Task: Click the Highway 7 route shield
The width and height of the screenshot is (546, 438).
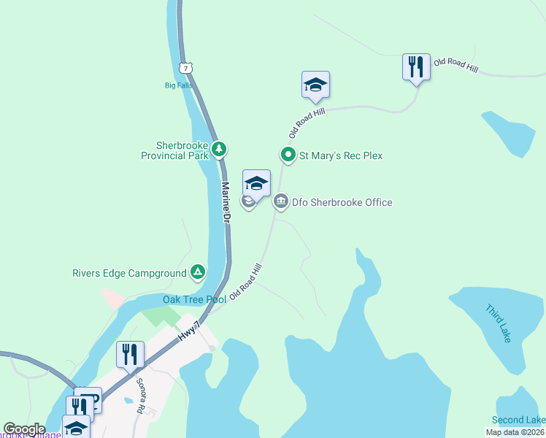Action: (x=188, y=68)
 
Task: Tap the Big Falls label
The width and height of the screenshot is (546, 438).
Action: (x=177, y=85)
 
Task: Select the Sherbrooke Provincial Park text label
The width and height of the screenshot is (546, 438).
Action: (x=174, y=150)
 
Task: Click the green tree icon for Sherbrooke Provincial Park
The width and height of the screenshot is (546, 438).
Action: (x=219, y=150)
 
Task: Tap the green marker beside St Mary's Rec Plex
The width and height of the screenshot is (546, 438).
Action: (x=288, y=155)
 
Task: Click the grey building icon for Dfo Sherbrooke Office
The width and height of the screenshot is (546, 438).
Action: (x=280, y=202)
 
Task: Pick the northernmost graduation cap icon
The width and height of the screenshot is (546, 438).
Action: (x=315, y=85)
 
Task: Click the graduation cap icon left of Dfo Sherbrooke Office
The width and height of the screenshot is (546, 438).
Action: (x=256, y=182)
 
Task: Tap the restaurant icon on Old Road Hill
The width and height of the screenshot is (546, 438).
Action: (x=415, y=67)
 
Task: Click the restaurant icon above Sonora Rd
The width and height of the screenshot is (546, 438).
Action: (x=130, y=355)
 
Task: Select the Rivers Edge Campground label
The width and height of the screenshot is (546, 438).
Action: (x=129, y=274)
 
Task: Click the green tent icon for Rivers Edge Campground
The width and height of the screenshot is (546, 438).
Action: (x=197, y=273)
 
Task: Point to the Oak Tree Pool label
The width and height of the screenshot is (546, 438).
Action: (x=194, y=299)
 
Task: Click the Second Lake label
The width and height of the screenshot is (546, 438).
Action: (x=518, y=420)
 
